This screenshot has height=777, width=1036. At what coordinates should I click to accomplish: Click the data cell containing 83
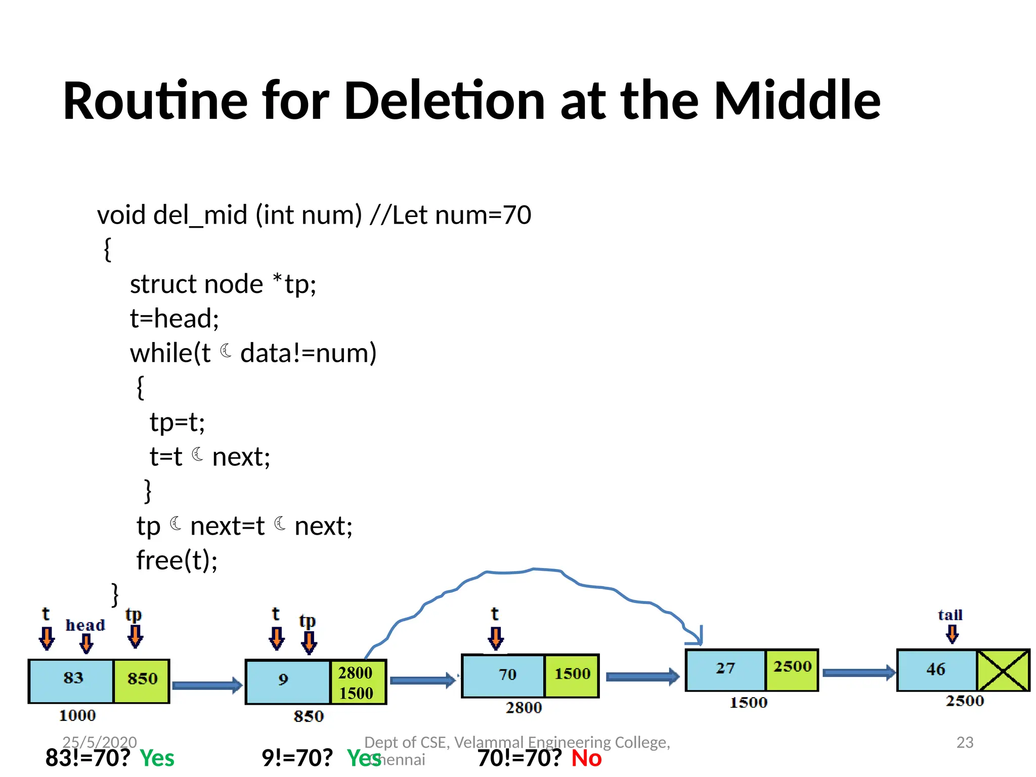[x=71, y=681]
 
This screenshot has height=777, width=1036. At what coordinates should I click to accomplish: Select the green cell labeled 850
[x=142, y=681]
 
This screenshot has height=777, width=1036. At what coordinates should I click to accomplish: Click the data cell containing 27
[x=725, y=670]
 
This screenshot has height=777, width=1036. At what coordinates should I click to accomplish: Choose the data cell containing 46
[x=936, y=670]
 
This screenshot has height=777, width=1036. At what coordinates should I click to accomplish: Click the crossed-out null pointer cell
[x=1003, y=670]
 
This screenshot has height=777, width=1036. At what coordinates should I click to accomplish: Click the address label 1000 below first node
[x=77, y=715]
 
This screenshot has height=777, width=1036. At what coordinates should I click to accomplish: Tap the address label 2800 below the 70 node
[x=524, y=707]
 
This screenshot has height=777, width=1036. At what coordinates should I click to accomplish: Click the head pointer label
[x=85, y=625]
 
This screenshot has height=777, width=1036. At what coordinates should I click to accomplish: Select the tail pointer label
[x=950, y=615]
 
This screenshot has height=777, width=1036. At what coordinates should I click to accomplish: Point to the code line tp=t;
[x=177, y=422]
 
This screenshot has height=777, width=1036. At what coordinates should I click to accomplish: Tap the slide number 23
[x=965, y=742]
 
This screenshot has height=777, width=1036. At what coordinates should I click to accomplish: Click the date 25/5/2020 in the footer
[x=100, y=742]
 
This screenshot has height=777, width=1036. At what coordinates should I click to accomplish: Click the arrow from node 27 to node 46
[x=858, y=673]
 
